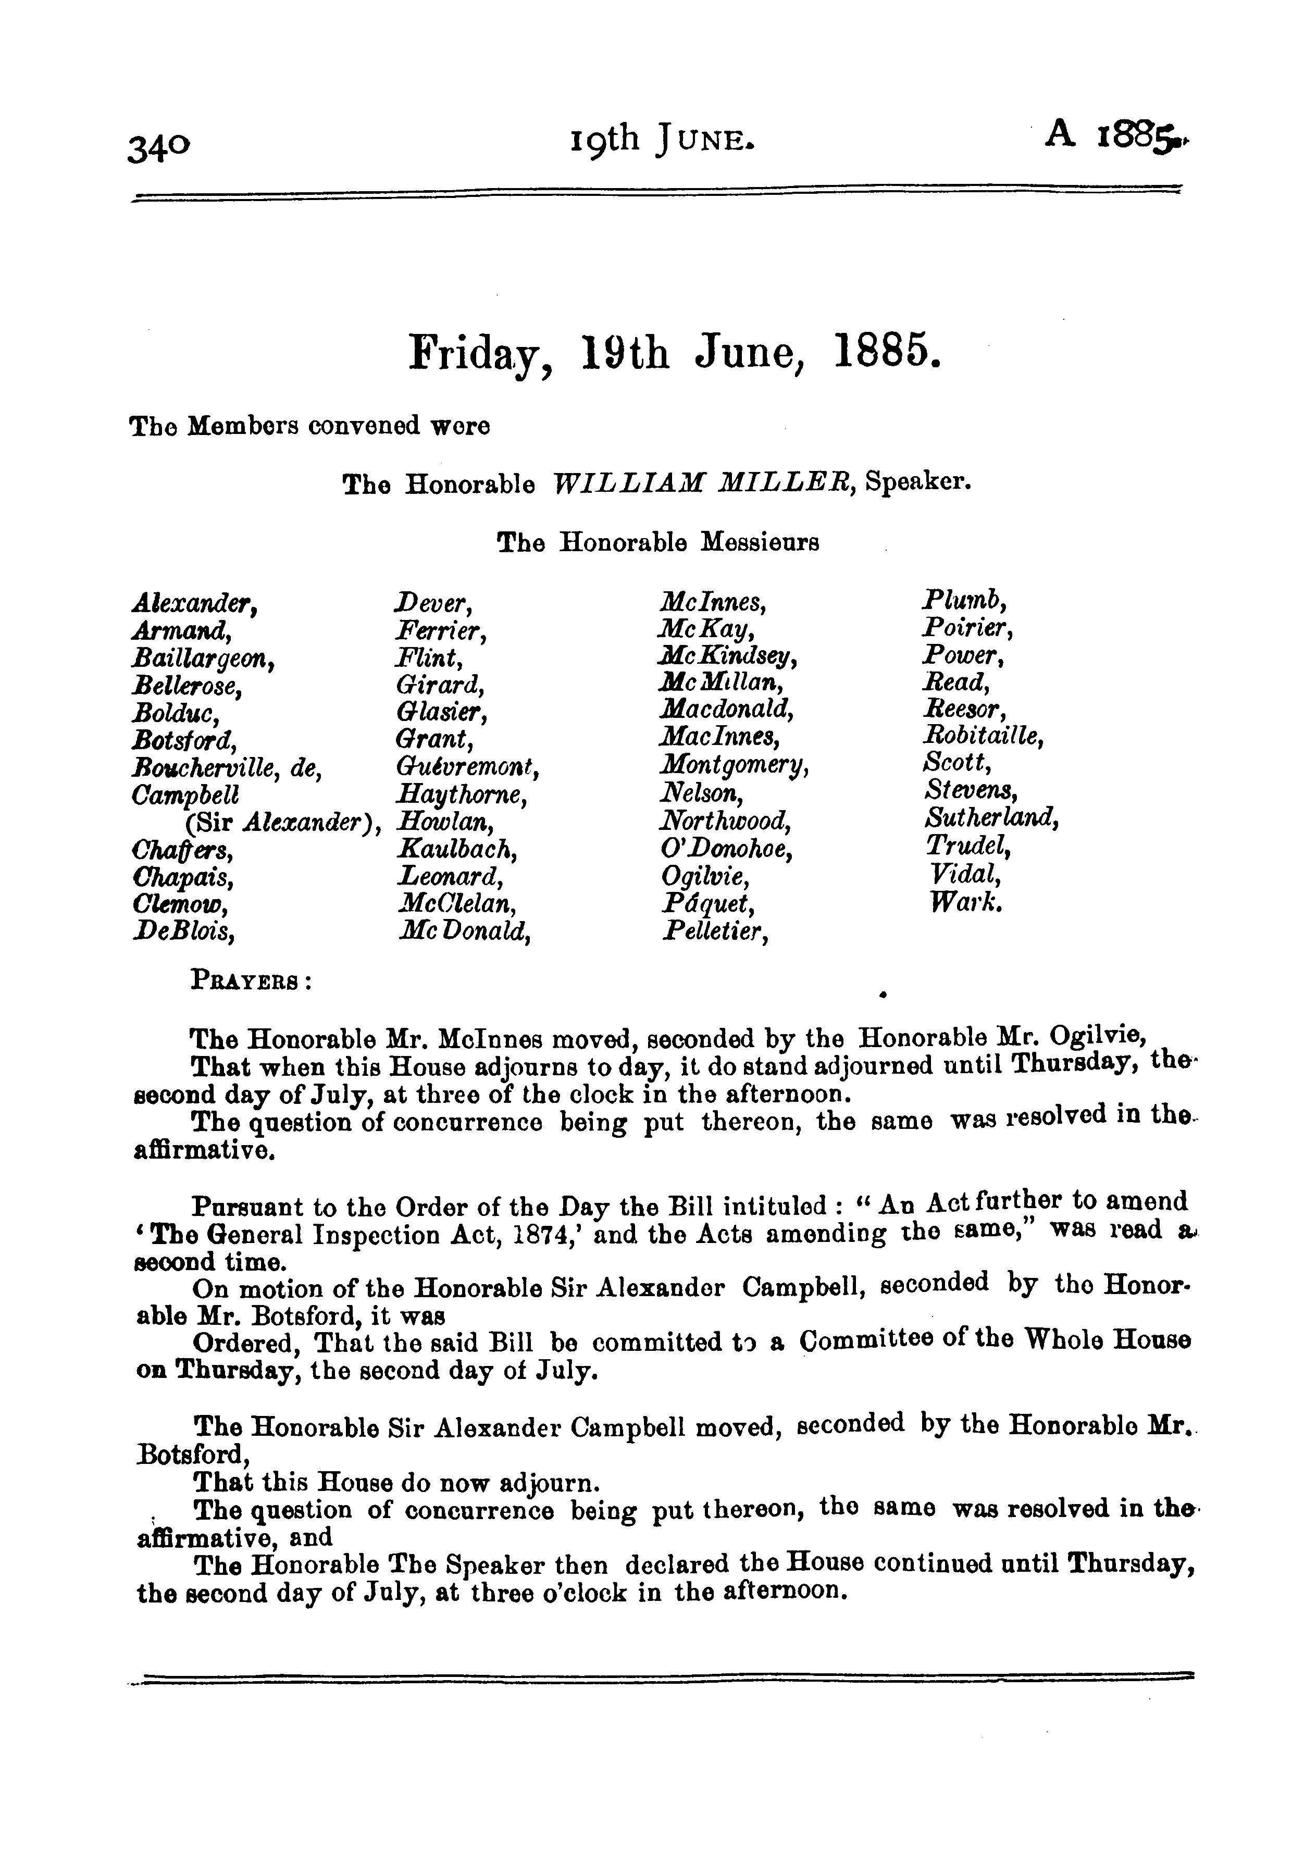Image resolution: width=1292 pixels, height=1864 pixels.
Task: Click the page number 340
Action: point(159,147)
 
